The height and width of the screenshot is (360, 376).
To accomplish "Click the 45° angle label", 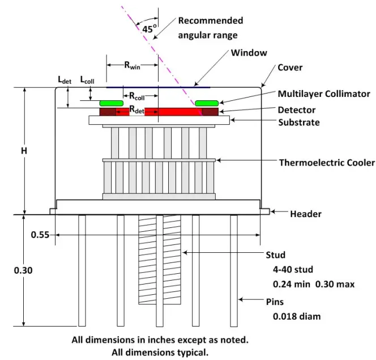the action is pos(149,29).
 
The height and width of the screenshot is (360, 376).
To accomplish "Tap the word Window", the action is pos(249,53).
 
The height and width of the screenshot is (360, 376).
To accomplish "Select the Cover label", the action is pos(290,67).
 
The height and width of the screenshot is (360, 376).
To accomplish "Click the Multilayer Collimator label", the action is pos(324,94).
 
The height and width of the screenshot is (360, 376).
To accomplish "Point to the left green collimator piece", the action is pos(111,103).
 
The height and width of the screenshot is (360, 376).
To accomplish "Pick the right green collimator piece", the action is pos(207,103).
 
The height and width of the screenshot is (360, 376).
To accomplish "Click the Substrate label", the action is pos(299,122).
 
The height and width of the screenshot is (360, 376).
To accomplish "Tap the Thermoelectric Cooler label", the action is pos(327,163).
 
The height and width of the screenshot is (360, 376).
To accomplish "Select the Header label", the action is pos(306,214).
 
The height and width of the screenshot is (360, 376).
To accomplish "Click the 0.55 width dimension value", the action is pos(40,235).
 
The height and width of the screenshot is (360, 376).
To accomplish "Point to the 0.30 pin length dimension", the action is pos(23,270).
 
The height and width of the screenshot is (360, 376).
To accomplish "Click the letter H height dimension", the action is pos(24,151).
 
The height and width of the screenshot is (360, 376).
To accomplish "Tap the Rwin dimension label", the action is pos(132,65).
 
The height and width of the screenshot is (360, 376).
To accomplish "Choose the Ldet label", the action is pos(65,80).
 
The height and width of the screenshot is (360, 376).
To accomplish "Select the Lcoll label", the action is pos(87,80).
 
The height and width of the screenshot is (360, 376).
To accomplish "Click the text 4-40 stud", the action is pos(293,269).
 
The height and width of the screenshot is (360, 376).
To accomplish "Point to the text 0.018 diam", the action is pos(297,316).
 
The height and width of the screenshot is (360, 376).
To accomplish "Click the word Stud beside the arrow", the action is pos(276,255).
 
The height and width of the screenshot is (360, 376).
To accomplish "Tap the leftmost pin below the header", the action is pos(82,271).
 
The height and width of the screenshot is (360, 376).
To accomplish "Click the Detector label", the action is pos(297,110).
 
